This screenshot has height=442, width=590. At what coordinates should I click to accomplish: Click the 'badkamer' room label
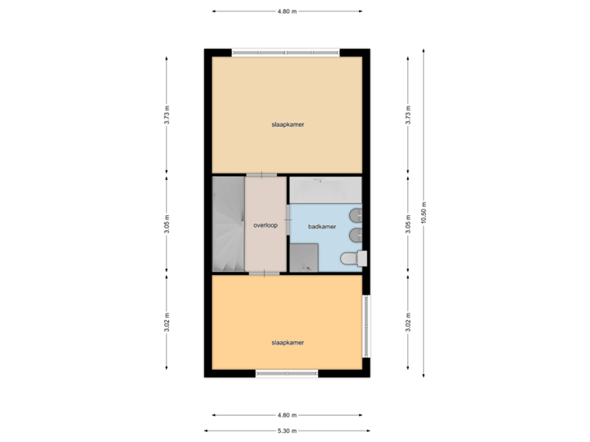coord(321,226)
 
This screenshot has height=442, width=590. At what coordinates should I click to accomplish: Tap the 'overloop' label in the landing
coord(265,224)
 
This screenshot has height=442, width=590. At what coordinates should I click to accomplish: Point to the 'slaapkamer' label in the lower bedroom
coord(288,343)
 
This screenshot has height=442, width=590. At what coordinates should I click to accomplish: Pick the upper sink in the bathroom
coord(354,215)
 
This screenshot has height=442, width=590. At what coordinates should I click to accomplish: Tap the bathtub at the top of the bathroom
coord(325,188)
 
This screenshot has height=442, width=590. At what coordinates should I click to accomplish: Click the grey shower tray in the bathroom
coord(303,257)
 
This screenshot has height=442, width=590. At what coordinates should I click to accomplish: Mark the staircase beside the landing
coord(229,224)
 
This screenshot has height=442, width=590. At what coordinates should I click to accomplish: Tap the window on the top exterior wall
coord(285,53)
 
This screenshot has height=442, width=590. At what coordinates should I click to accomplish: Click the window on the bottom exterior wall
coord(286,374)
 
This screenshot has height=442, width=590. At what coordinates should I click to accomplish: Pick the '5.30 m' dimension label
coord(287,431)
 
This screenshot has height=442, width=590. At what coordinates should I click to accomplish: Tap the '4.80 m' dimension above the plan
coord(287,11)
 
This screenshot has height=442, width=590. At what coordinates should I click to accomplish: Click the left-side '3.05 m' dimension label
coord(167,224)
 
